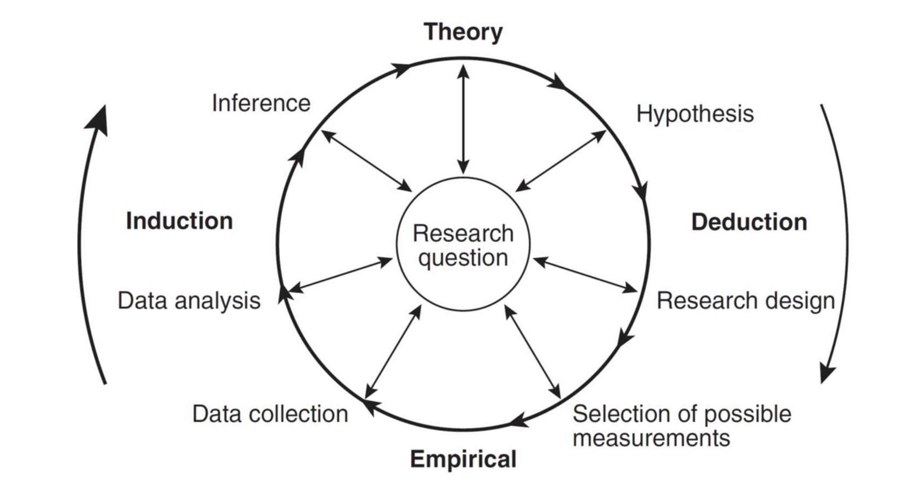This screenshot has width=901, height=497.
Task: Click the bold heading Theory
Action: [463, 32]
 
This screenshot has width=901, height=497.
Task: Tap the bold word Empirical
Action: [463, 459]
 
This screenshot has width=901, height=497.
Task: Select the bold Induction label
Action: [179, 221]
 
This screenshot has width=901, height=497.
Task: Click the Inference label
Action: [261, 103]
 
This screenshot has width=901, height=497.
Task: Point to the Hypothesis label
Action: [695, 114]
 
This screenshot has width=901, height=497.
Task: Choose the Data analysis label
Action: [189, 301]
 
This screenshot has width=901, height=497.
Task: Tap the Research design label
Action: [746, 301]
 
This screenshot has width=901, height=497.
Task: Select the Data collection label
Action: [270, 414]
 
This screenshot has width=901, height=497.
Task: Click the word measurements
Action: [651, 438]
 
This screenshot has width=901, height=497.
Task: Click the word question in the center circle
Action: [463, 258]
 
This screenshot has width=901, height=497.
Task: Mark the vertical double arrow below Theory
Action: [463, 119]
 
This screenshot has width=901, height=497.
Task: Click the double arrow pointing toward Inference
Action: [366, 161]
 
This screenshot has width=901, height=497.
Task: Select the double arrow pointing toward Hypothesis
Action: [561, 161]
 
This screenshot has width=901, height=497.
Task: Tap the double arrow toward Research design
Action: [585, 275]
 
